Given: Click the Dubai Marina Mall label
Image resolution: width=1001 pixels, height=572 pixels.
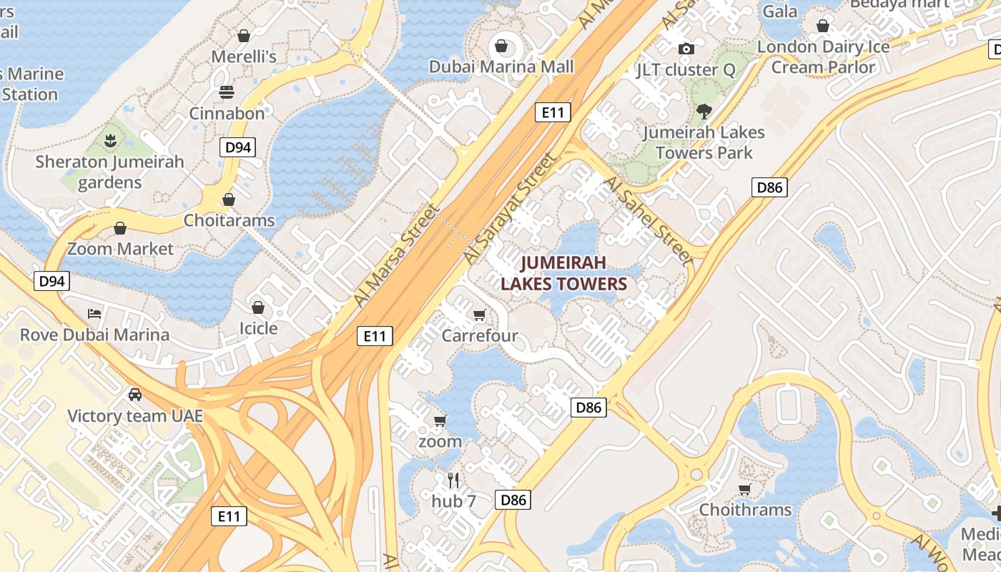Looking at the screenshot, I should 501,66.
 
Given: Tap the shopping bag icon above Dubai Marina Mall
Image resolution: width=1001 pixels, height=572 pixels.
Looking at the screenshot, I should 502,46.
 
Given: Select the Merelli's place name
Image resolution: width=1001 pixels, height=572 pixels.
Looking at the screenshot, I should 244,56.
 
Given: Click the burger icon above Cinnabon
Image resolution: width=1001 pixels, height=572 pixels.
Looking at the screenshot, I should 227,92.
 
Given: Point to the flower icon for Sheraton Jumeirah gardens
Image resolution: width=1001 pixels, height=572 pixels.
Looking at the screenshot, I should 110,141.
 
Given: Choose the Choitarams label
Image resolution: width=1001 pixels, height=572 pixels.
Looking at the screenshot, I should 229,220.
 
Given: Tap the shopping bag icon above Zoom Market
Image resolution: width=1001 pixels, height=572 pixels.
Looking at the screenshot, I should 120,228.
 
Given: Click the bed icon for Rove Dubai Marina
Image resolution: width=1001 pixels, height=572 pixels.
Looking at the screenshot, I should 94,314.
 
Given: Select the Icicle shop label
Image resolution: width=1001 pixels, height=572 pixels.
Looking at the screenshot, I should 257,328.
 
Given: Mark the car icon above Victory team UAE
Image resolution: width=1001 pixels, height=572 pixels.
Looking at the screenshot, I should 134,395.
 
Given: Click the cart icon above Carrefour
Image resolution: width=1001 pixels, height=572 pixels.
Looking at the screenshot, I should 479,315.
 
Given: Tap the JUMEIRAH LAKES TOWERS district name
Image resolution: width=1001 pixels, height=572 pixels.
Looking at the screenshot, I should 563,273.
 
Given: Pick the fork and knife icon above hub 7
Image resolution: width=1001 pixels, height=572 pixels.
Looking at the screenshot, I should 453,480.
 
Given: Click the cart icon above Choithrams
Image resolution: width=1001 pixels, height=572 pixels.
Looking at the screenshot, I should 745,489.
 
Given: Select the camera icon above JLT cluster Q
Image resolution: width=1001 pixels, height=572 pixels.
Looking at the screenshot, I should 686,49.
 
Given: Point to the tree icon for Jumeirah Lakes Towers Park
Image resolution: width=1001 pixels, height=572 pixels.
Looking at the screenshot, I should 704,112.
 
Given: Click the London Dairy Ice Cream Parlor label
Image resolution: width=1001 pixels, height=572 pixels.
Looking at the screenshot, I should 823,57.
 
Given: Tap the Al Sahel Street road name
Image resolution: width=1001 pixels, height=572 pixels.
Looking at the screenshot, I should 649,220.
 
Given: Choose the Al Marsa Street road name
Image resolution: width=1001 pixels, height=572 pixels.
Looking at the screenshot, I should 395,255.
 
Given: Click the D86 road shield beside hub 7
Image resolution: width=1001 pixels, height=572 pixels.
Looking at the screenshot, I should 513,500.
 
